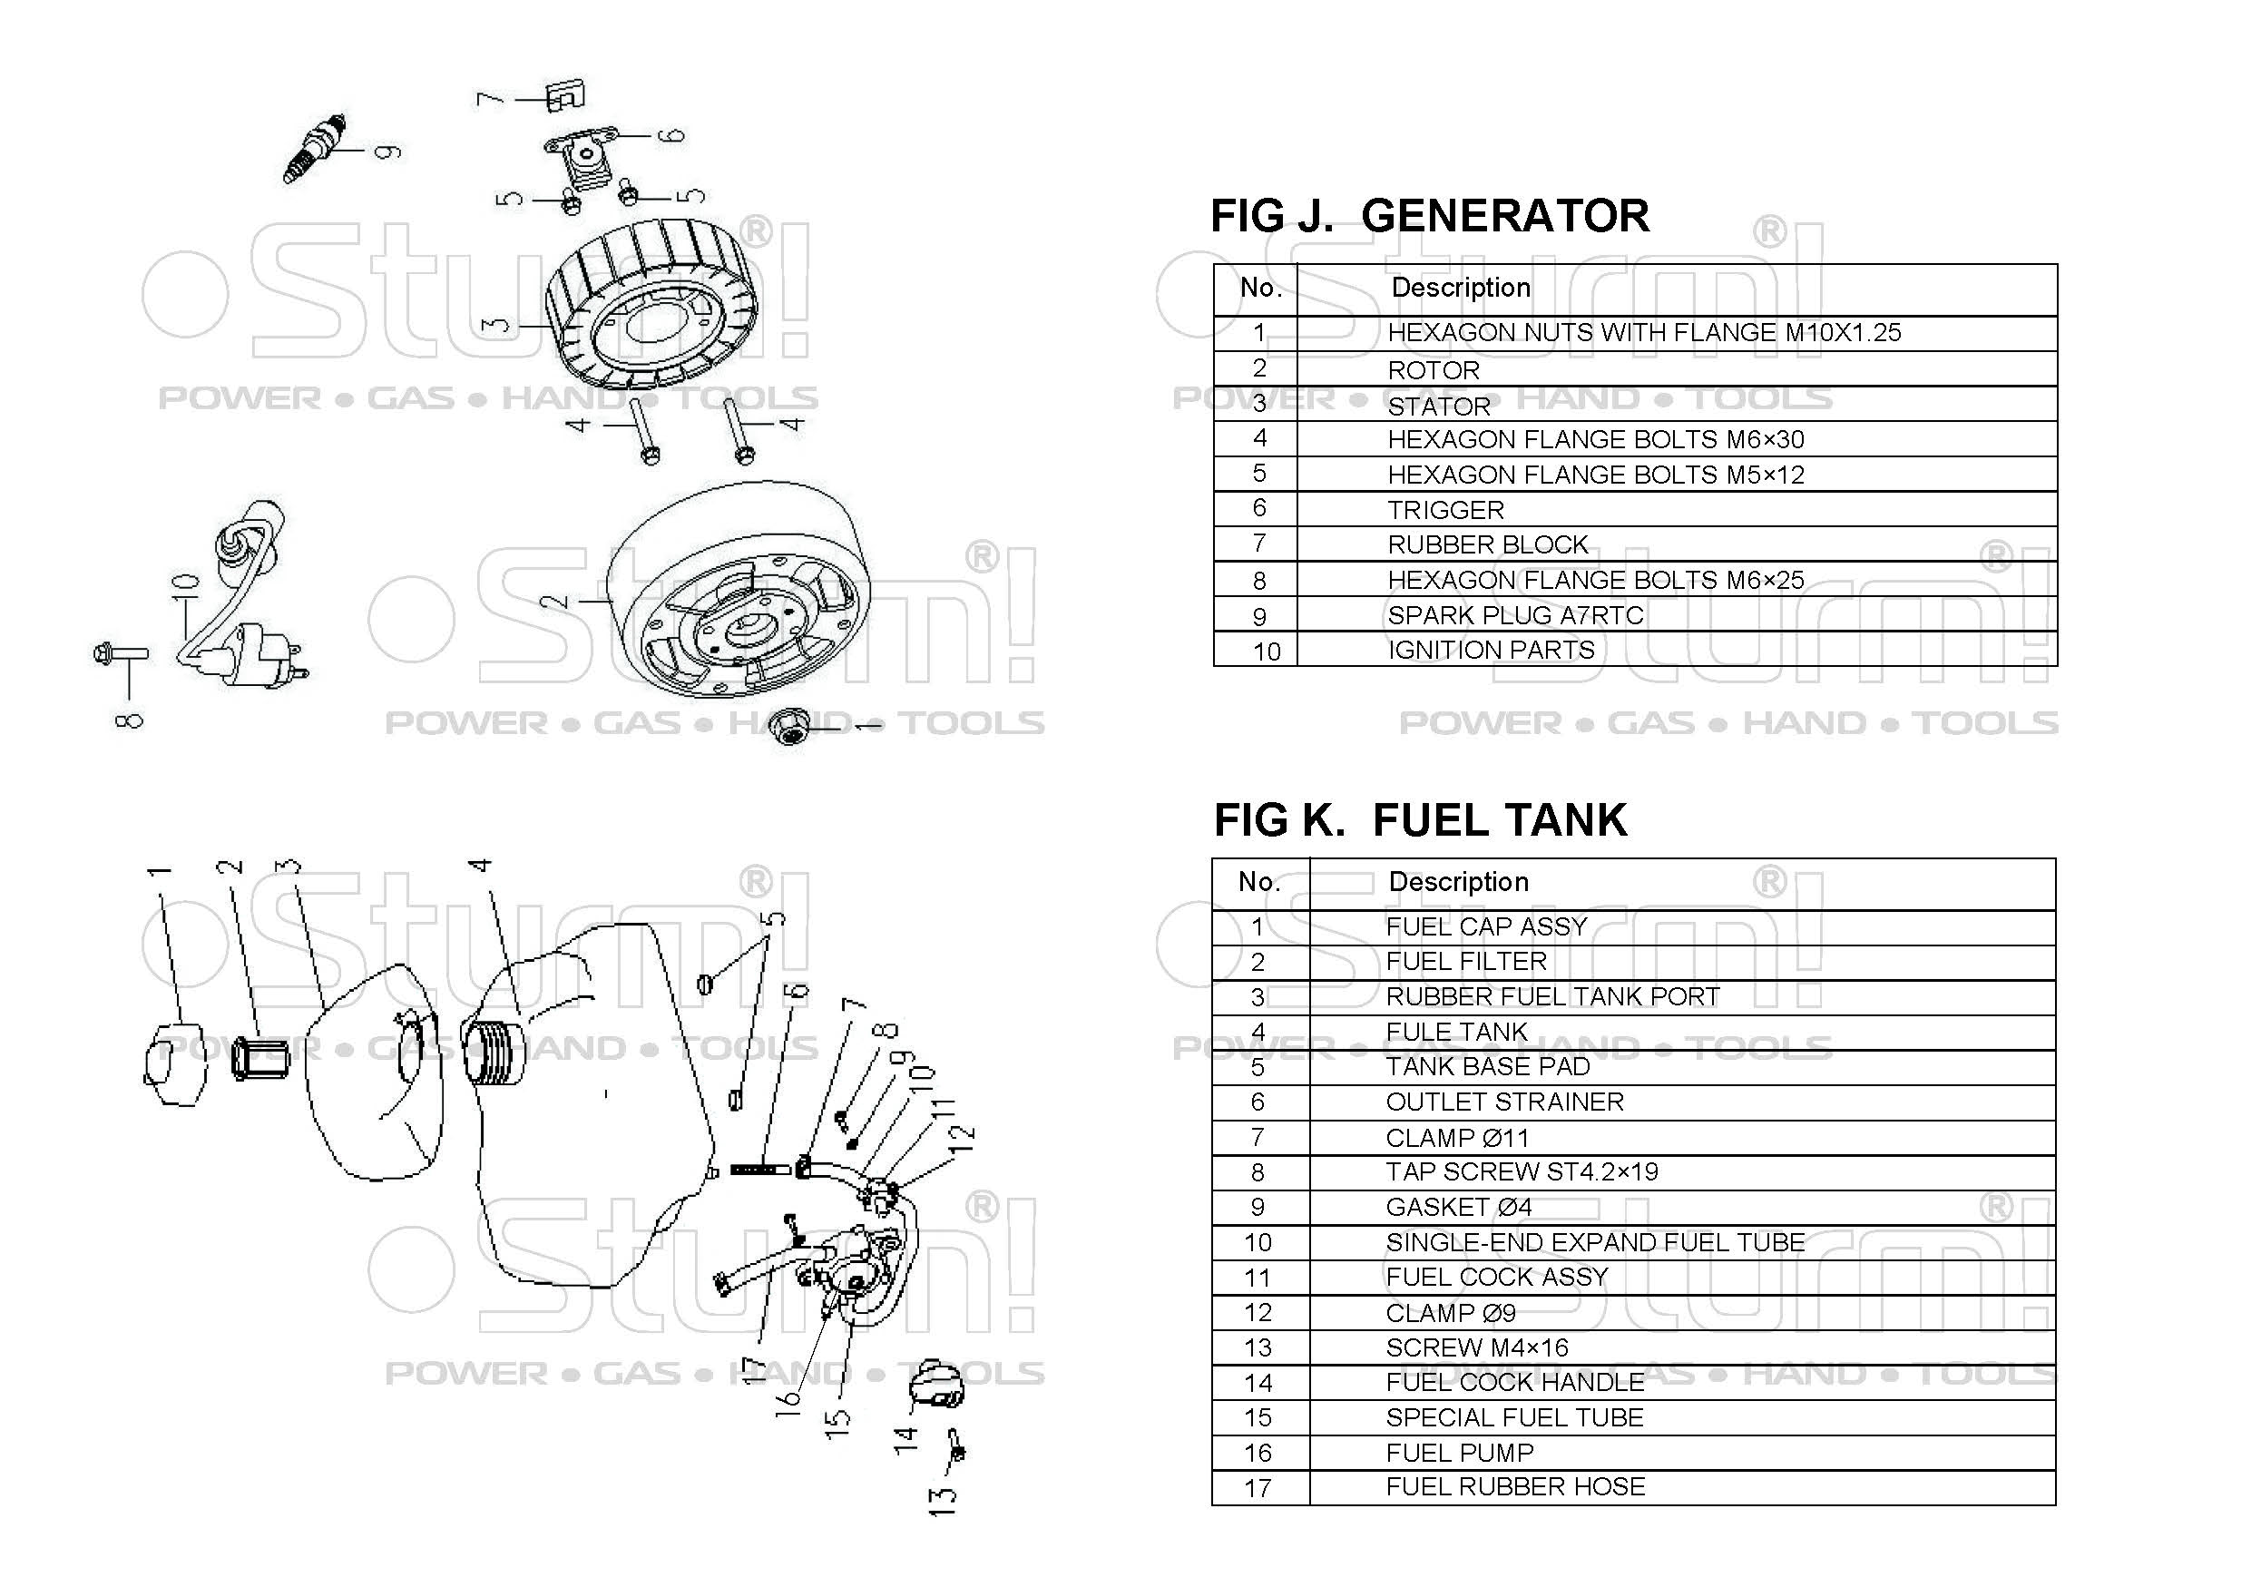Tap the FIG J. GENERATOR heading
click(x=1429, y=217)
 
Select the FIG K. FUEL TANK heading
click(x=1420, y=820)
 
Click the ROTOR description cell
click(x=1434, y=370)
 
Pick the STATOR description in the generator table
click(x=1438, y=406)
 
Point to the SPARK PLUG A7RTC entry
click(x=1514, y=615)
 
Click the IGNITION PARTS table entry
click(x=1490, y=650)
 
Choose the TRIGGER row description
click(x=1445, y=510)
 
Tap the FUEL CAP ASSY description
click(x=1485, y=926)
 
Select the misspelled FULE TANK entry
click(x=1456, y=1031)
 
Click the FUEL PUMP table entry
click(x=1459, y=1453)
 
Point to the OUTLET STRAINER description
click(x=1504, y=1102)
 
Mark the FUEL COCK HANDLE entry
click(x=1514, y=1382)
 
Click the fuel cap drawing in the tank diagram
click(x=173, y=1064)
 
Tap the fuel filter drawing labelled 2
click(x=259, y=1060)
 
